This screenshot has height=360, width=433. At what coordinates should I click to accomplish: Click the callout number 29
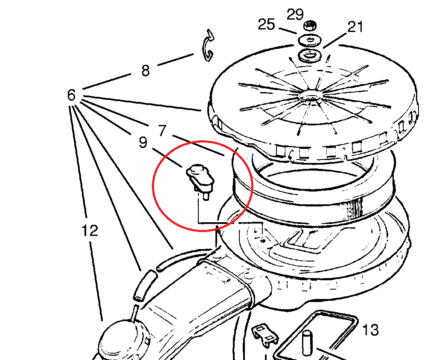click(x=295, y=15)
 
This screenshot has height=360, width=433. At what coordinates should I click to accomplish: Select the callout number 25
click(x=267, y=25)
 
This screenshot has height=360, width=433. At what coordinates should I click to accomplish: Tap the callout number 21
click(x=355, y=27)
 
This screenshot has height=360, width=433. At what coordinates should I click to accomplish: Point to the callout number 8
click(x=145, y=70)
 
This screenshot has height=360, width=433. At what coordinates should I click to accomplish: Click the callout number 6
click(x=71, y=95)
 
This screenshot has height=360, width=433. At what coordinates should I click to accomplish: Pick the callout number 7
click(x=163, y=130)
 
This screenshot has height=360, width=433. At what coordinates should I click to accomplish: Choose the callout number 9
click(x=143, y=142)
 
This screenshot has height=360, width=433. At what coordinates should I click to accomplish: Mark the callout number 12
click(x=90, y=230)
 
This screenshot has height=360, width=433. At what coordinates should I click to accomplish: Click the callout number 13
click(x=370, y=330)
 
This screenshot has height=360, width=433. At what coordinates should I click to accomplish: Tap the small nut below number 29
click(x=310, y=26)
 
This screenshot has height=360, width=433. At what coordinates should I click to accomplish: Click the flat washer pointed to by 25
click(x=310, y=40)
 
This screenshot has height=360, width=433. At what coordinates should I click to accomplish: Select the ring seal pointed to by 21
click(x=310, y=55)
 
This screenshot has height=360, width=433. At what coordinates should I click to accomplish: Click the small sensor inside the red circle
click(x=200, y=180)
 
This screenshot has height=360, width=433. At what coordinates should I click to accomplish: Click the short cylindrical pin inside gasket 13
click(x=306, y=343)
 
